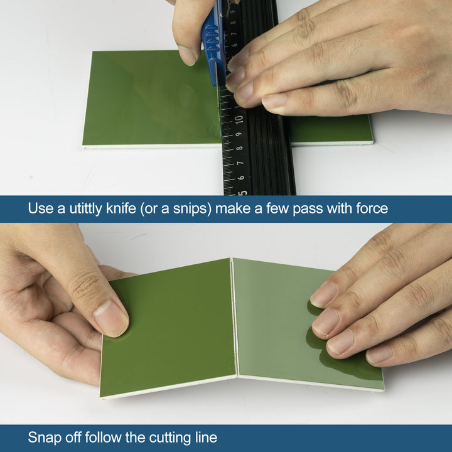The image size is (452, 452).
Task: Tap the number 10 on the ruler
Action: [239, 119]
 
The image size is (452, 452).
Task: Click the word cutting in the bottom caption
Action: [173, 437]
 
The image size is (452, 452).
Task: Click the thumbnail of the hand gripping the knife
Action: [188, 55]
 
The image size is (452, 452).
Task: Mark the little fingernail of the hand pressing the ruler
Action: [274, 102]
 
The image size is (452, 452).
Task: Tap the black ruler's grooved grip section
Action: [270, 151]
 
